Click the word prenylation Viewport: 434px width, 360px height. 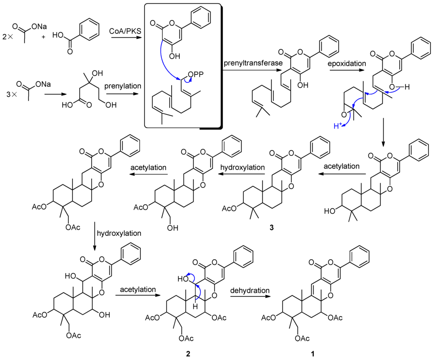point(126,86)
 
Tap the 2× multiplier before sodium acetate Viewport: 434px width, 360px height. point(8,36)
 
